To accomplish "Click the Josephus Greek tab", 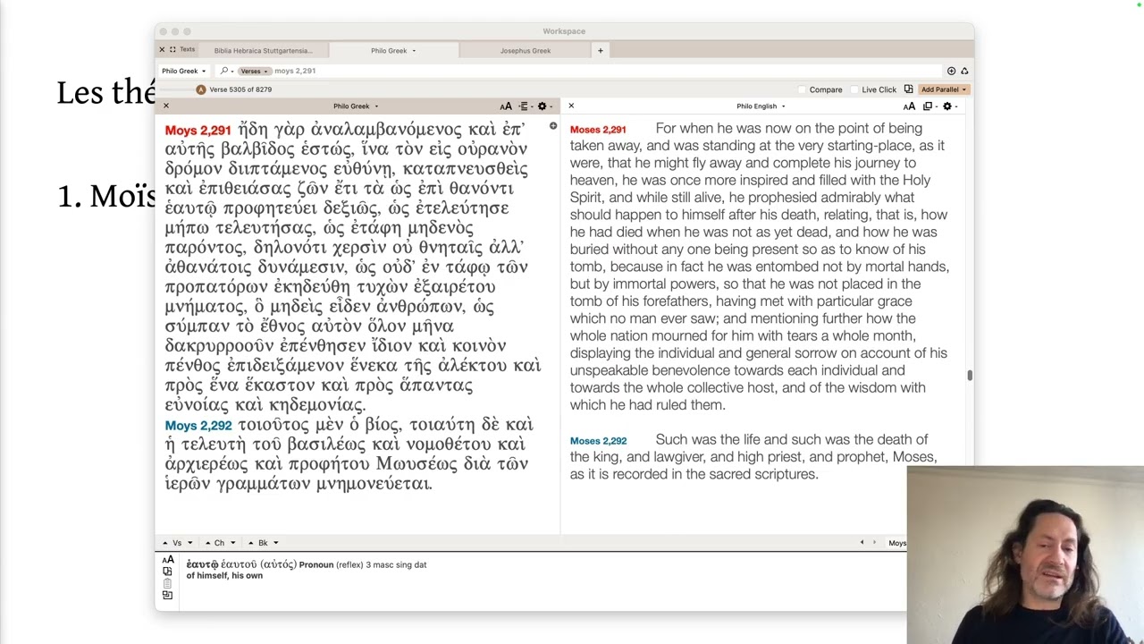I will (x=525, y=51).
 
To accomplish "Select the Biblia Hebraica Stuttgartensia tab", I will (x=263, y=51).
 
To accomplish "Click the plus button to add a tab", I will (x=601, y=51).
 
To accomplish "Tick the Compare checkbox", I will (x=803, y=89).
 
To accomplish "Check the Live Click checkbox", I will (x=855, y=89).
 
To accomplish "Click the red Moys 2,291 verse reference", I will (x=198, y=131).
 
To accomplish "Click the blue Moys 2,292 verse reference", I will (x=198, y=426).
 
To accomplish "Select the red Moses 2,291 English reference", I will (x=598, y=130).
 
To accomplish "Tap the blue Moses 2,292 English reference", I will (x=598, y=441).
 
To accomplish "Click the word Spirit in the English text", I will (x=590, y=198).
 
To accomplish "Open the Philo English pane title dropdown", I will (x=761, y=106).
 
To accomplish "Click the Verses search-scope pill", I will (x=254, y=71).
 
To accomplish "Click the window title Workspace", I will (x=564, y=31).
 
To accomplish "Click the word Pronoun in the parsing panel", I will (x=316, y=565).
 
